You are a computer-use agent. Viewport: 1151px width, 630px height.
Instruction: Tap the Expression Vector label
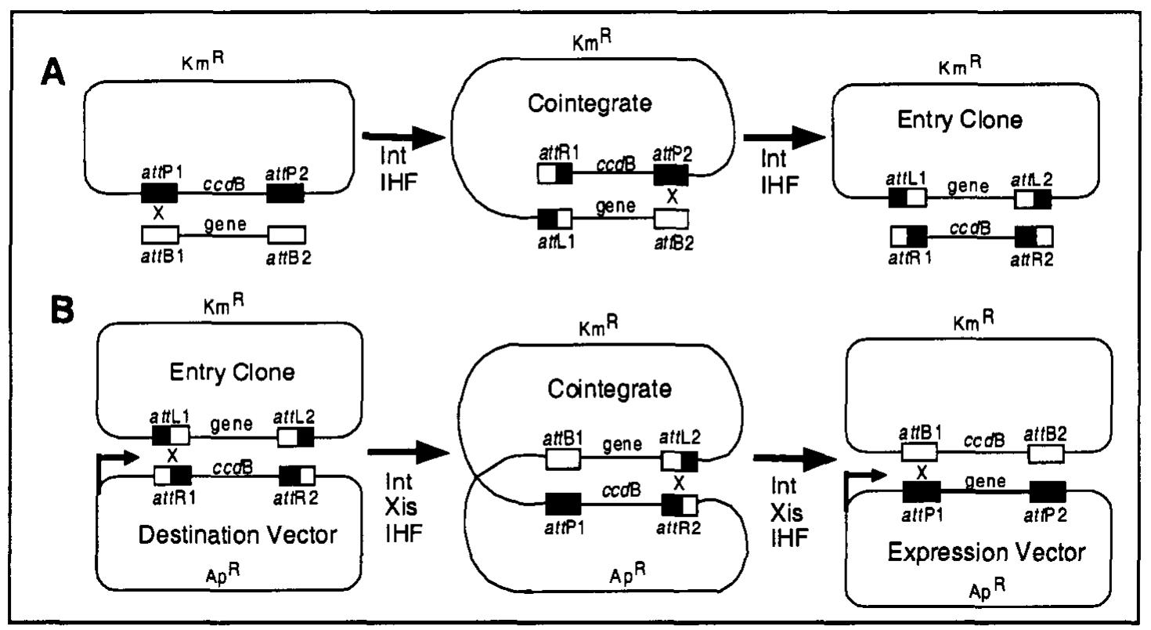click(x=987, y=552)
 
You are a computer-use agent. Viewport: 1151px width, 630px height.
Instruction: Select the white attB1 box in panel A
click(x=160, y=234)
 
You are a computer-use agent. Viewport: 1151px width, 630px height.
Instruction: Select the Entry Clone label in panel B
click(x=233, y=372)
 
